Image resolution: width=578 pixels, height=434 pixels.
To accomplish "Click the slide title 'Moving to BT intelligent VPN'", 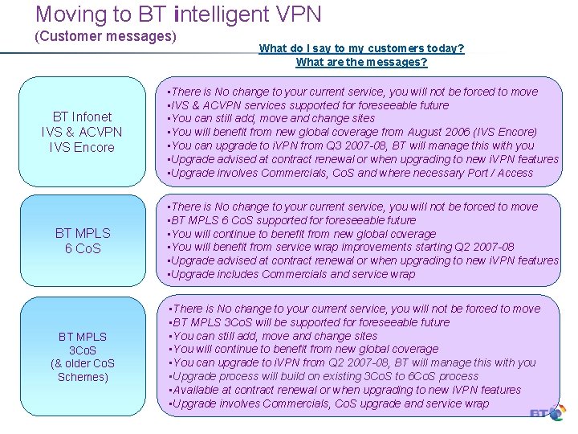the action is pyautogui.click(x=178, y=14).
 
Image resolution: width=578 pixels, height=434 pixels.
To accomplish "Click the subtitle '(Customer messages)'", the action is pyautogui.click(x=104, y=36).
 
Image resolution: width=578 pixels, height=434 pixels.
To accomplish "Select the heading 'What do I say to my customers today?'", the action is pyautogui.click(x=361, y=48).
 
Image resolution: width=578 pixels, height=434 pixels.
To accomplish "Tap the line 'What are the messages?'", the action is pyautogui.click(x=361, y=62).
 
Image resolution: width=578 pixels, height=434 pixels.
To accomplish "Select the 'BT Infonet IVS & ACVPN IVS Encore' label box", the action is pyautogui.click(x=82, y=132).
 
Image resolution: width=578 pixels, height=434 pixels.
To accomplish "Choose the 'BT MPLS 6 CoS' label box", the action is pyautogui.click(x=82, y=240).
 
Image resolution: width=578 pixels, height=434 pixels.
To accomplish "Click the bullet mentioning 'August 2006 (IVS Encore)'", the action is pyautogui.click(x=352, y=132).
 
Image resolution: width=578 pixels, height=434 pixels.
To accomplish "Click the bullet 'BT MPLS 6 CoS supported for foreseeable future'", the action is pyautogui.click(x=291, y=219).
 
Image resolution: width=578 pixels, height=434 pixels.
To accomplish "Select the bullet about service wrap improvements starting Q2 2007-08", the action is pyautogui.click(x=341, y=247).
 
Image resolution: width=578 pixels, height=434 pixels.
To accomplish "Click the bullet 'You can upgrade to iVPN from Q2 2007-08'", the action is pyautogui.click(x=352, y=362).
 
